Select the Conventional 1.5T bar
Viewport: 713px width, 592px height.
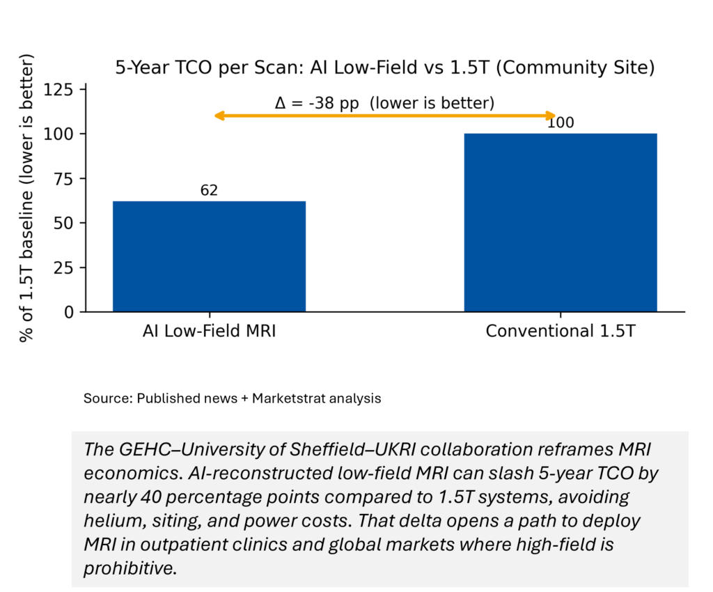[x=561, y=222]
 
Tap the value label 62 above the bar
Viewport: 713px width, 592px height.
[x=209, y=190]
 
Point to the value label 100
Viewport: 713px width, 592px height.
[x=561, y=123]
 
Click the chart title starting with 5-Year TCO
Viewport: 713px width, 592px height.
[x=385, y=68]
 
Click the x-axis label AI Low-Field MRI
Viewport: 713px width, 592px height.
[x=209, y=331]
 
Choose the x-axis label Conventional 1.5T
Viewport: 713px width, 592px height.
[x=561, y=331]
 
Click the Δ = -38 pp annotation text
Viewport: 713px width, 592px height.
[x=384, y=103]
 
